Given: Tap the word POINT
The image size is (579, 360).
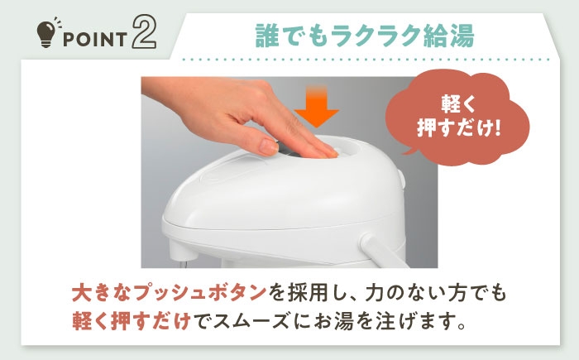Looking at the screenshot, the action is [95, 40].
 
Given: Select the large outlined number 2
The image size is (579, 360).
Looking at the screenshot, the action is [144, 32].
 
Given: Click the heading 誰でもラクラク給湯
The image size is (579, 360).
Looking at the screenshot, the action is [365, 36].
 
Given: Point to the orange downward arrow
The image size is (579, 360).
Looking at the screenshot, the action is [317, 107].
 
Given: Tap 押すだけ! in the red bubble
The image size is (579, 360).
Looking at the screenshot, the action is [459, 128].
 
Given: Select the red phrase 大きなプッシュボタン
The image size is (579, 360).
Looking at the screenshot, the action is [169, 292].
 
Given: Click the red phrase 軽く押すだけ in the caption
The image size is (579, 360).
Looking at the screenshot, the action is [132, 320].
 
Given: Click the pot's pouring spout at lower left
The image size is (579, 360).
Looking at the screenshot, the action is [181, 255].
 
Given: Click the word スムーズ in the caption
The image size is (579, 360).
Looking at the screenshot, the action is [251, 320].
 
